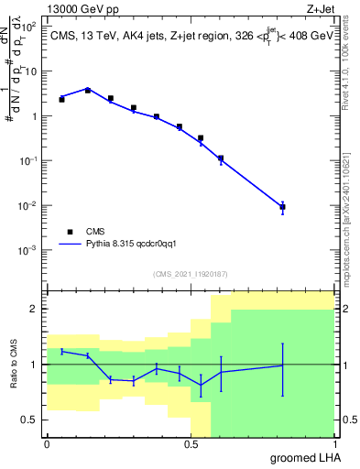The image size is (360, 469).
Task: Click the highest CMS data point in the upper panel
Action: coord(88,90)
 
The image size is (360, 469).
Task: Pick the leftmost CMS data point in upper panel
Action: coord(61,99)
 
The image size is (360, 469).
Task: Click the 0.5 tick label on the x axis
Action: coord(191,443)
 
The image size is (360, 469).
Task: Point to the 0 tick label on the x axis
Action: coord(47,443)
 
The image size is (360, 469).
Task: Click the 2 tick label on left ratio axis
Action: coord(33,309)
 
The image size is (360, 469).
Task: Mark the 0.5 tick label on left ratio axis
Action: coord(28,420)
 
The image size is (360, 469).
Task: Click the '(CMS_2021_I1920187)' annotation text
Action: coord(190,273)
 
